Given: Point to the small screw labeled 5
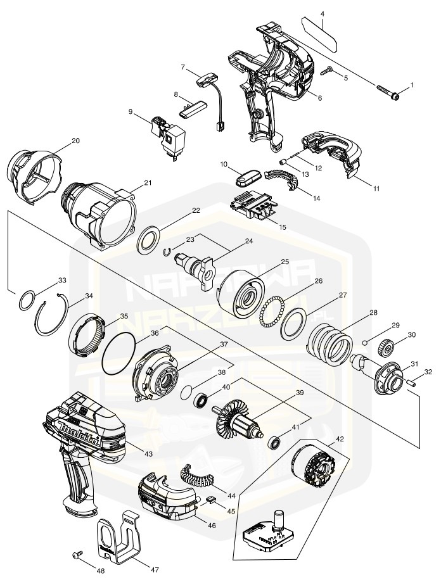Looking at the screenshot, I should pyautogui.click(x=328, y=71).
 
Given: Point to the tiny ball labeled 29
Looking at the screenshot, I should pyautogui.click(x=366, y=342).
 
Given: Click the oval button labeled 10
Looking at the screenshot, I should pyautogui.click(x=247, y=177).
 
